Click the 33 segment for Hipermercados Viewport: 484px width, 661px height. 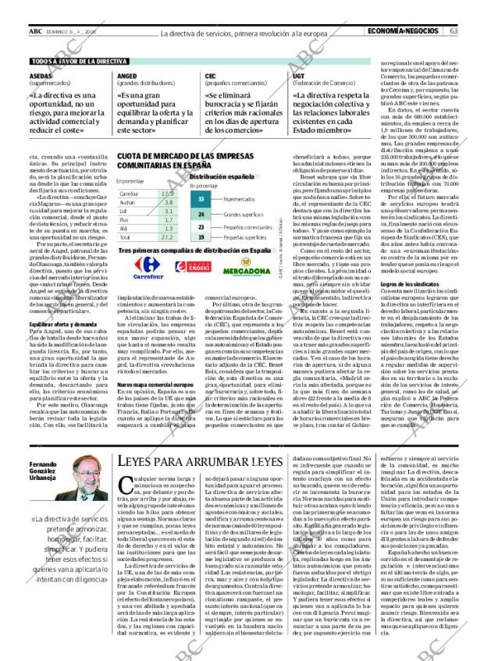[x=201, y=200]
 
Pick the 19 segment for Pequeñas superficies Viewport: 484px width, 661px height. [x=201, y=236]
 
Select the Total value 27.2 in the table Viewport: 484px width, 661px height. [x=165, y=236]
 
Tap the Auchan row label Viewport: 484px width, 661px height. [x=129, y=202]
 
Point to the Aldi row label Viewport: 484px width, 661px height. [x=126, y=228]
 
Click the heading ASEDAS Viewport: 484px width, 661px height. [x=43, y=76]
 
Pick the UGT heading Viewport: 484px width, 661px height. [x=299, y=76]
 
